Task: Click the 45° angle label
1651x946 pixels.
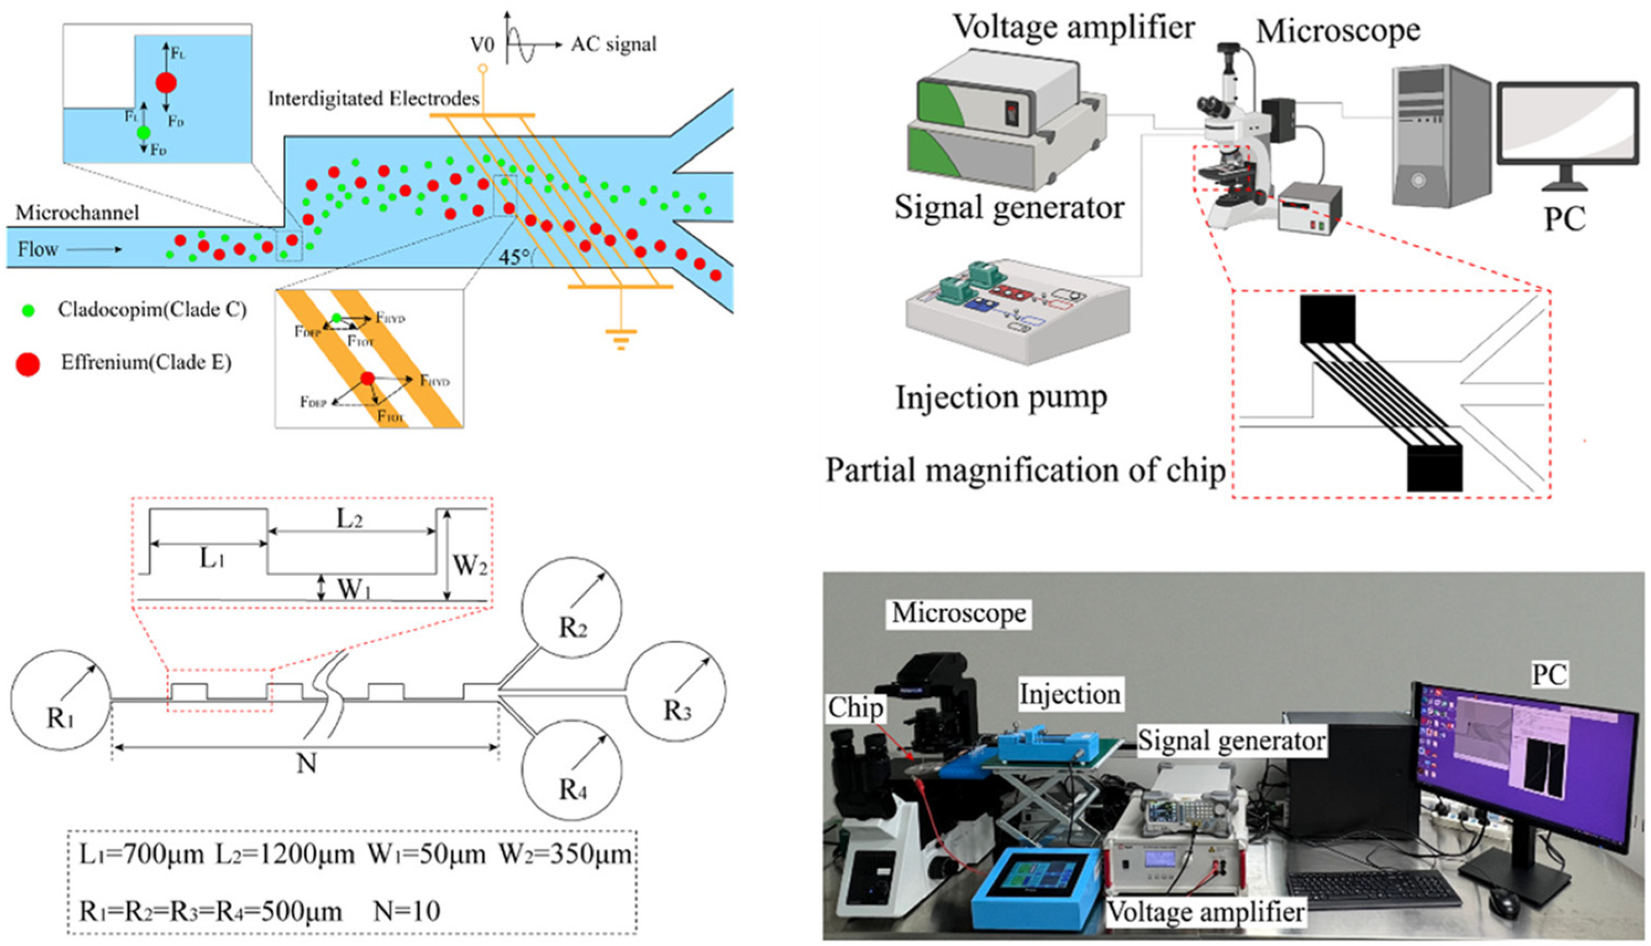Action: pos(514,257)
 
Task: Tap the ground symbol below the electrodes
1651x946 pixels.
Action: pos(621,338)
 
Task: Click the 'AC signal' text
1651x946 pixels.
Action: pos(613,44)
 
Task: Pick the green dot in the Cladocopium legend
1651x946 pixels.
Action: pos(28,311)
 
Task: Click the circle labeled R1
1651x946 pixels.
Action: pos(60,700)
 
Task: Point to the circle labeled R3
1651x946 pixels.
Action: pos(675,692)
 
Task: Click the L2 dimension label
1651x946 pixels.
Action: pos(349,518)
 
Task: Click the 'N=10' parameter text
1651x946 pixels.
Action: pos(407,911)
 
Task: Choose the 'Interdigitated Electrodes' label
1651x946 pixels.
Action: pos(374,99)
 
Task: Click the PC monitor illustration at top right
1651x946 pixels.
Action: pos(1567,133)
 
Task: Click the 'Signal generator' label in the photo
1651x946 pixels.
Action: pos(1231,740)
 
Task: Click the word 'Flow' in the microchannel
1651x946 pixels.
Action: pos(38,249)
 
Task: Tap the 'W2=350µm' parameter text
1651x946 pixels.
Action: pos(565,854)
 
